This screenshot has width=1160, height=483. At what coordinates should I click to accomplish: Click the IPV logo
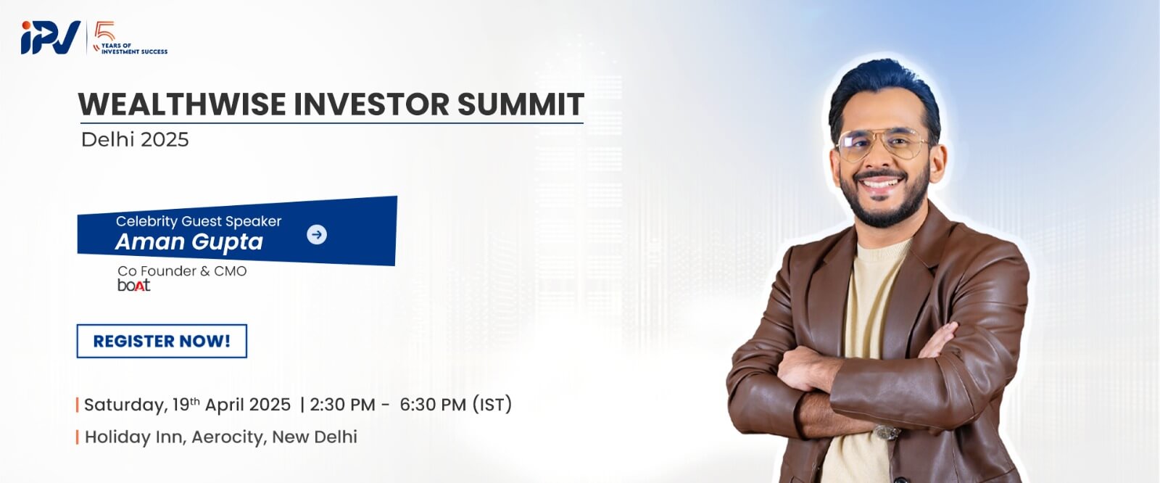point(50,37)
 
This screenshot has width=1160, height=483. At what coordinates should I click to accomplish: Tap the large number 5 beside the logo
point(106,32)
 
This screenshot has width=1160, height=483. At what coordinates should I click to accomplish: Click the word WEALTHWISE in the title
point(182,104)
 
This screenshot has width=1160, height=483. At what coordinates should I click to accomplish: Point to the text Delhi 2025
point(135,139)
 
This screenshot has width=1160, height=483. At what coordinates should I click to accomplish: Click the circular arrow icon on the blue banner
point(316,234)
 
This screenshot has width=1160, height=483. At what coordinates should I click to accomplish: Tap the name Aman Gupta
point(189,242)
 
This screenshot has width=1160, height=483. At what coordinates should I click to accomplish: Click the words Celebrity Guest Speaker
point(199,221)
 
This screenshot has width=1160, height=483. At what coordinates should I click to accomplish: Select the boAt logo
point(133,285)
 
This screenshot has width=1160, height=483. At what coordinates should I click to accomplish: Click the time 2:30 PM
point(342,405)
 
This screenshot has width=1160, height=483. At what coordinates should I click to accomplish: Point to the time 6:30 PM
point(433,405)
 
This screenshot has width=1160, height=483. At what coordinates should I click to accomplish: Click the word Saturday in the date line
point(126,405)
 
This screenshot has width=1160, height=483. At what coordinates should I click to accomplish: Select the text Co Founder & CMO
point(182,271)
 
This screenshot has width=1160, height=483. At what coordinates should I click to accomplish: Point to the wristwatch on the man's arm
point(887,432)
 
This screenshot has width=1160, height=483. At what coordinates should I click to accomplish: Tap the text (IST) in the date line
point(492,404)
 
